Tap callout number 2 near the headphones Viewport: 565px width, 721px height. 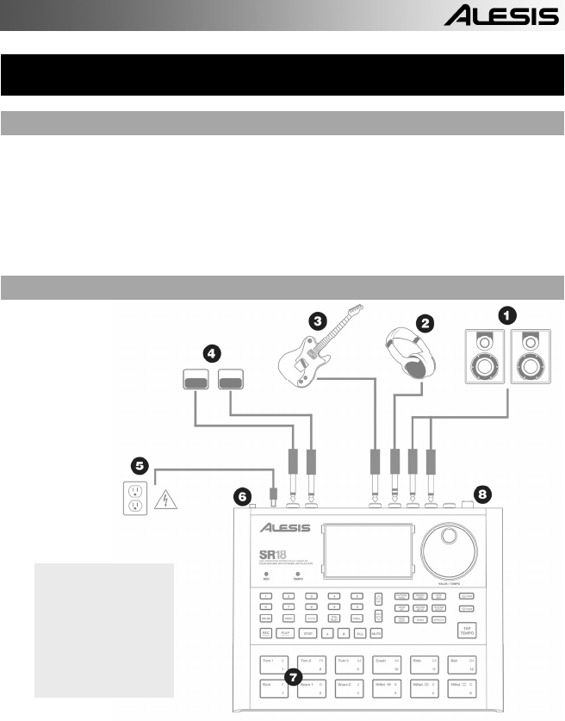click(x=424, y=323)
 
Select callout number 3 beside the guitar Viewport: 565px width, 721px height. click(x=319, y=321)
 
